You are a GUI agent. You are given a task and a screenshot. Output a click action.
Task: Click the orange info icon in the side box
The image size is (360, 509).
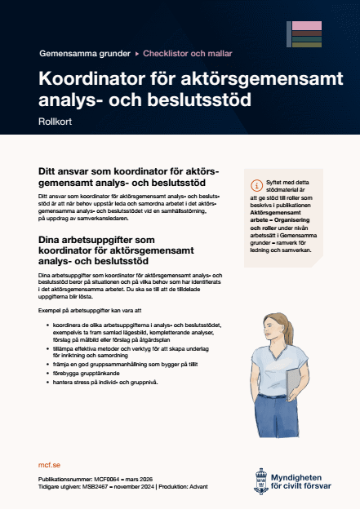click(x=259, y=184)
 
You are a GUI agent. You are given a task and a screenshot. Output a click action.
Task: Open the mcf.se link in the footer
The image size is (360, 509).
click(x=50, y=463)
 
